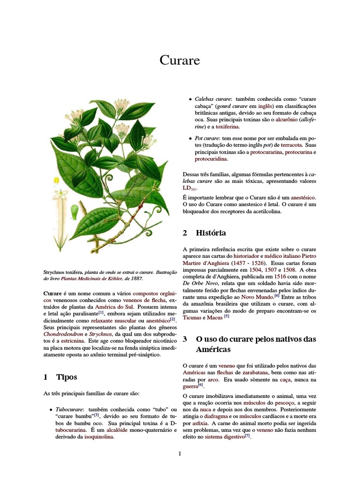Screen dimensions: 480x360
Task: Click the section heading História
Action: (210, 233)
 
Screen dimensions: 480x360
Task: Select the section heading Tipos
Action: (67, 377)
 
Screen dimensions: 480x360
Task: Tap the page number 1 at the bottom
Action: (180, 453)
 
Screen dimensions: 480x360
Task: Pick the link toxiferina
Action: (227, 127)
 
